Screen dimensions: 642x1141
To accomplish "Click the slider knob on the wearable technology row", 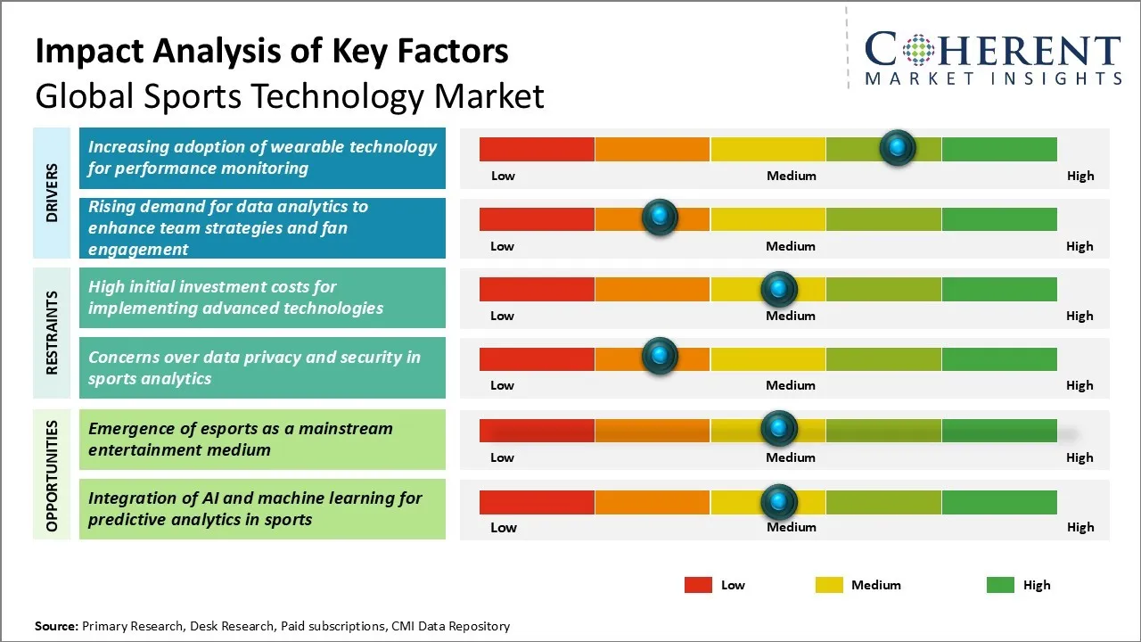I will coord(898,147).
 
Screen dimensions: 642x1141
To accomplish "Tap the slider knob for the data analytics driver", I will coord(660,217).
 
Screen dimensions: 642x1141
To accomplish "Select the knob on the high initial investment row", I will coord(779,288).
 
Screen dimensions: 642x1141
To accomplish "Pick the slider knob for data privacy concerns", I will coord(660,356).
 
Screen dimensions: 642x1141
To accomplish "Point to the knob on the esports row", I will coord(779,429).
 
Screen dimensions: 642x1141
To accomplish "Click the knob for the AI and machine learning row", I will coord(779,502).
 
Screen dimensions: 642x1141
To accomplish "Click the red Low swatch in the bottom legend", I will coord(698,585).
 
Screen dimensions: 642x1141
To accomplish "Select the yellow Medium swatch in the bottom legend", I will coord(829,585).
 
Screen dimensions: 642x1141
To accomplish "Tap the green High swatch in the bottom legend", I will coord(1000,585).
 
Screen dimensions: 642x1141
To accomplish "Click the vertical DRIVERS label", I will coord(52,193).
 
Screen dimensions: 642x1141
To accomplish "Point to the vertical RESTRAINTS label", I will coord(52,333).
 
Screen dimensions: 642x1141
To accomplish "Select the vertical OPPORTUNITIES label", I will coord(52,475).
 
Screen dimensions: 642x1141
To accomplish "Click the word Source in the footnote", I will coord(55,626).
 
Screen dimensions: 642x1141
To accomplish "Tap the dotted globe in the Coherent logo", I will coord(918,50).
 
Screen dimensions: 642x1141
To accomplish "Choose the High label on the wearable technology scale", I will coord(1080,176).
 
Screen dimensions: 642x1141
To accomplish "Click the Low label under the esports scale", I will coord(502,457).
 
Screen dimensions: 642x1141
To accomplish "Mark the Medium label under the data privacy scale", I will coord(791,385).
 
